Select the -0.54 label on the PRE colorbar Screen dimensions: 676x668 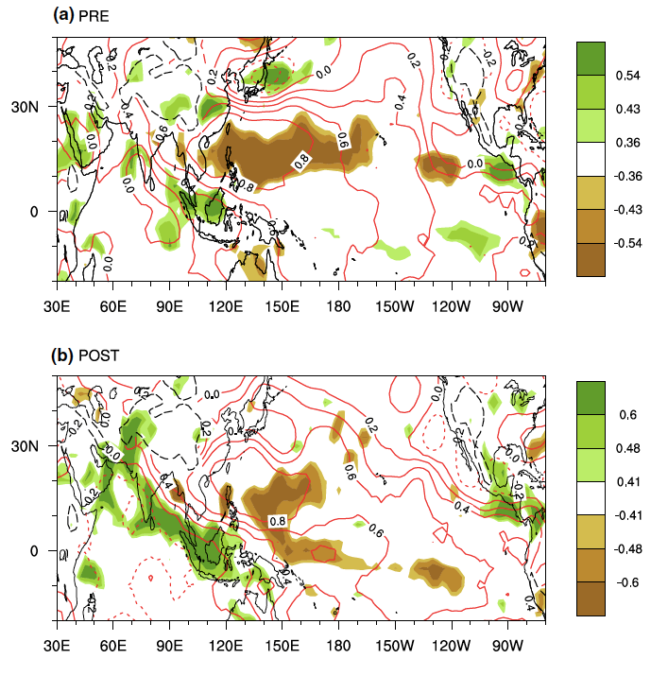628,243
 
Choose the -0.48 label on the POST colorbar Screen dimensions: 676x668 628,547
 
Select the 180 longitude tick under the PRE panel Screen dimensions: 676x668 339,306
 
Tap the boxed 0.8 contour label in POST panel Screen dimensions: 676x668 278,521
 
